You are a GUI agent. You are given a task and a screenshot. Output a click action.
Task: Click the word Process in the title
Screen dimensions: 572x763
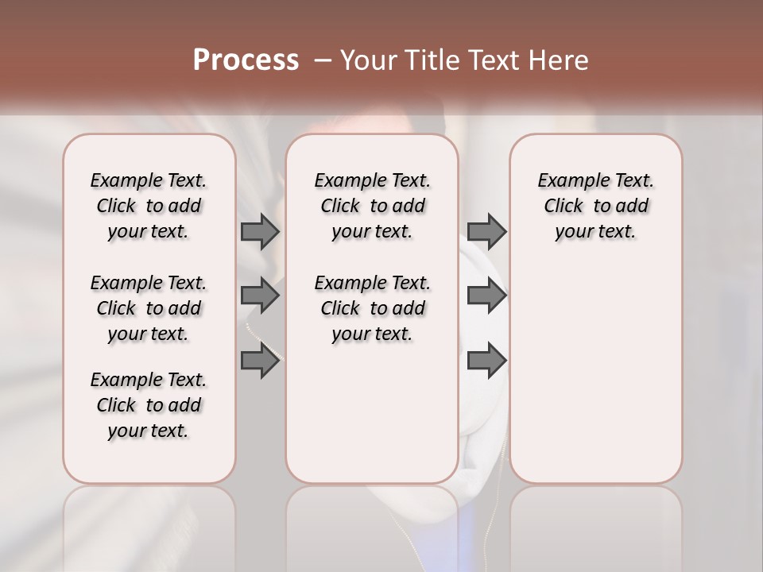click(246, 60)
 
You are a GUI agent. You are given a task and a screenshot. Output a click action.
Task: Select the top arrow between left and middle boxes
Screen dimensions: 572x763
click(260, 231)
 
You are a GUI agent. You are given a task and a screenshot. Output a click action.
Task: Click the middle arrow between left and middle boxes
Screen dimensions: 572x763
click(260, 296)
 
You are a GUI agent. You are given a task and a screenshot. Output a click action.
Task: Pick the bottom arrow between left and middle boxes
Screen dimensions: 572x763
click(260, 361)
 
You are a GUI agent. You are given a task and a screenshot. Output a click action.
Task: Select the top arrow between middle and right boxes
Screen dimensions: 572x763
click(486, 231)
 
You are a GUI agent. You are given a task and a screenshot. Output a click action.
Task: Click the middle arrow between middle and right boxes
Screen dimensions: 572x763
click(486, 296)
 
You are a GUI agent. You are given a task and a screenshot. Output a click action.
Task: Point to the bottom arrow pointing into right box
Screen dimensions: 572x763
click(486, 361)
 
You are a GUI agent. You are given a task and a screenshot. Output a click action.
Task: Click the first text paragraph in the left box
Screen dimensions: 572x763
click(149, 206)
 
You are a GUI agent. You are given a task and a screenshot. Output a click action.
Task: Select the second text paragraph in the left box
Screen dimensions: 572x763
click(149, 308)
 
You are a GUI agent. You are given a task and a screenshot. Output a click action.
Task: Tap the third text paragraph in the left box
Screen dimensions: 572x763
click(149, 405)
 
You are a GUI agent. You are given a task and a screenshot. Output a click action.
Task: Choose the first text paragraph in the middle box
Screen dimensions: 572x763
click(372, 206)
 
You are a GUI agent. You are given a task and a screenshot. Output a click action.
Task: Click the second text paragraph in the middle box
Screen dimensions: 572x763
click(372, 308)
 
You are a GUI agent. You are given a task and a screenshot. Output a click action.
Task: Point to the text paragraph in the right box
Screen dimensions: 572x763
click(596, 206)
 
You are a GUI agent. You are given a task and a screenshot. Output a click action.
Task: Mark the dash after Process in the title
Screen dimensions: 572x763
click(323, 60)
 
